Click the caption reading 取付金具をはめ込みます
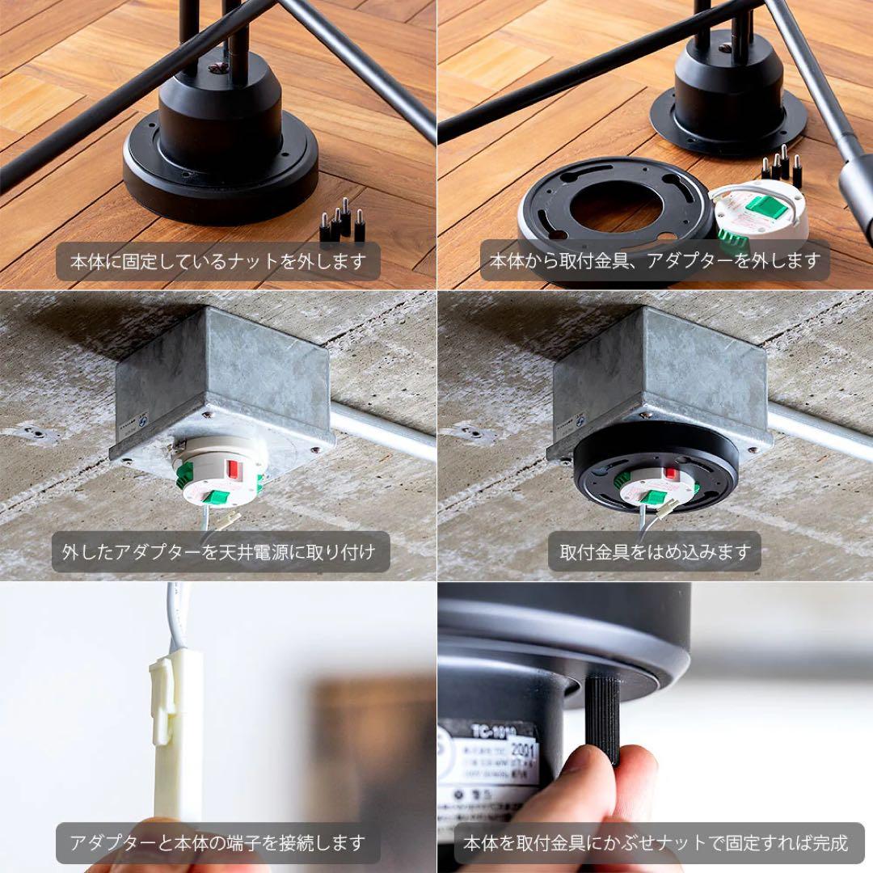pyautogui.click(x=655, y=552)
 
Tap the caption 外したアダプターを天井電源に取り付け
pyautogui.click(x=219, y=552)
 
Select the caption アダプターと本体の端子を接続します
pyautogui.click(x=217, y=843)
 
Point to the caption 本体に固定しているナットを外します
pyautogui.click(x=218, y=261)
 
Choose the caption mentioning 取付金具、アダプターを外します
pyautogui.click(x=655, y=261)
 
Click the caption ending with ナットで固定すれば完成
pyautogui.click(x=655, y=843)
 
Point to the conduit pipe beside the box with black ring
pyautogui.click(x=816, y=428)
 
